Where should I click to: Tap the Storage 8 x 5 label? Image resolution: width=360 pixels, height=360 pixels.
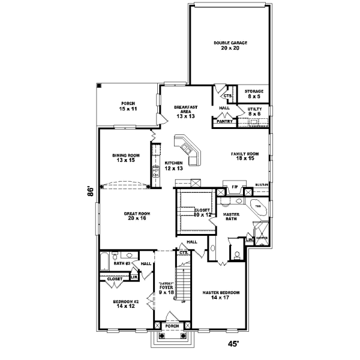255,94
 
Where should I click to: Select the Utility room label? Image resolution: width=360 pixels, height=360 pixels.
254,112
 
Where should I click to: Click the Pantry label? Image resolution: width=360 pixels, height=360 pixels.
224,121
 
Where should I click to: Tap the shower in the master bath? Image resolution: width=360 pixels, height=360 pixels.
262,235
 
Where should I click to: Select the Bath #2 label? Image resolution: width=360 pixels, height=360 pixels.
122,263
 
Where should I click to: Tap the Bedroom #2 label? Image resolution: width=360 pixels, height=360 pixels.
125,304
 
